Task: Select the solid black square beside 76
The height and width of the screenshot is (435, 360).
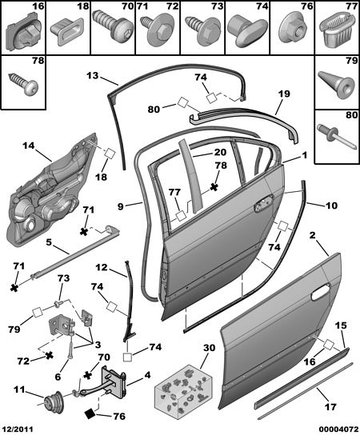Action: coord(90,414)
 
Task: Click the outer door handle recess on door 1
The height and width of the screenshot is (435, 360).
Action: coord(264,203)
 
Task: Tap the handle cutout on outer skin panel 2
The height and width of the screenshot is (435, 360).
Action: coord(320,293)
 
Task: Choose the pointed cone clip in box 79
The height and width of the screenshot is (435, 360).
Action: coord(336,84)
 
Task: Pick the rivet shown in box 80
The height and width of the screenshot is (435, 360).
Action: coord(336,137)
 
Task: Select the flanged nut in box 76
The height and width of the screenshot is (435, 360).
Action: coord(293,29)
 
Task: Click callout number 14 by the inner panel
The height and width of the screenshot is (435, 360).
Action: coord(29,146)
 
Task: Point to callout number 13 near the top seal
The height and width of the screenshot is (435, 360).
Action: coord(93,75)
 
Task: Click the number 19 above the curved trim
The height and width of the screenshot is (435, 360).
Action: coord(284,94)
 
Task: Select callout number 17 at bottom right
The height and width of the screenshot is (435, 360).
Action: coord(330,407)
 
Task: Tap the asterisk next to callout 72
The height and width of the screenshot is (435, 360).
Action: coord(49,355)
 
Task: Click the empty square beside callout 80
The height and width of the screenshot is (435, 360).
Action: coord(182,102)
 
